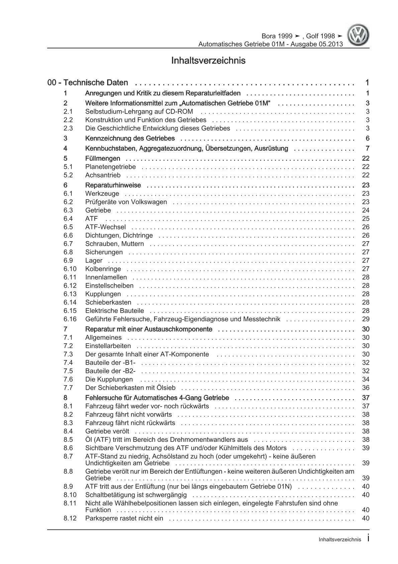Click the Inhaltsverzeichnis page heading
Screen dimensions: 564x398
tap(208, 61)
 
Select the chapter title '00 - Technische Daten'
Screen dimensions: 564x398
tap(88, 82)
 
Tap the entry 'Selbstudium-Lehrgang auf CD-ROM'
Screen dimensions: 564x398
tap(139, 112)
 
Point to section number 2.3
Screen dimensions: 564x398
tap(68, 128)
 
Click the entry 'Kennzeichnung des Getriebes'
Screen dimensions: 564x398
tap(130, 138)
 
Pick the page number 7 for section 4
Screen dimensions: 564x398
tap(367, 148)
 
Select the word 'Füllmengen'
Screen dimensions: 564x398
tap(103, 158)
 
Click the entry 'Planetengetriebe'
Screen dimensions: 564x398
tap(110, 167)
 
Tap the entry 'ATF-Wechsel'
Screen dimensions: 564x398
tap(105, 227)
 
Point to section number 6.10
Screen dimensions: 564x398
tap(70, 269)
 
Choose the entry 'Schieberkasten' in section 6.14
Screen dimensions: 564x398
tap(108, 302)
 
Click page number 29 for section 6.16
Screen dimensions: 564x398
tap(366, 319)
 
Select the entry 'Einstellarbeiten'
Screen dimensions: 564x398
tap(108, 346)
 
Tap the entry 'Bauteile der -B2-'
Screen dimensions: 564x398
tap(113, 371)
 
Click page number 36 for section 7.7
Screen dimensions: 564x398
tap(366, 388)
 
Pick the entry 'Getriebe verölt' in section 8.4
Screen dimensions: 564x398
tap(107, 431)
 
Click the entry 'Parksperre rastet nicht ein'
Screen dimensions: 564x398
tap(124, 518)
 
